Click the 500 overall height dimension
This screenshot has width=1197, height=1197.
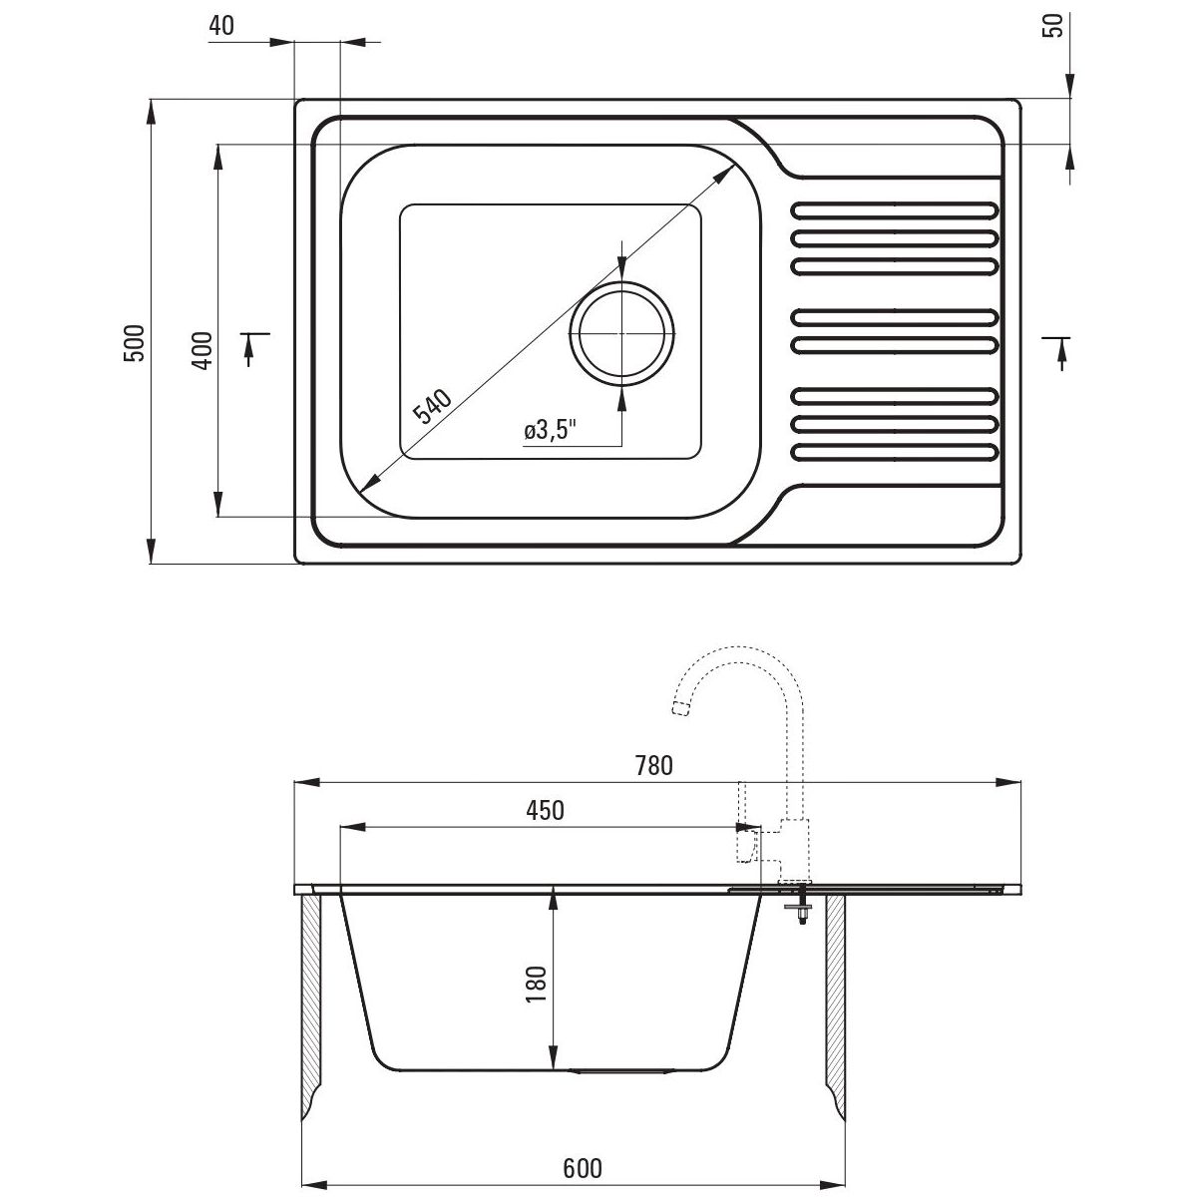pyautogui.click(x=135, y=343)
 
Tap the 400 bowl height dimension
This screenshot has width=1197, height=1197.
pyautogui.click(x=202, y=351)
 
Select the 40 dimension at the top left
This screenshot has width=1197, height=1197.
pyautogui.click(x=221, y=26)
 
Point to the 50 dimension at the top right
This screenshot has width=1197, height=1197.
pyautogui.click(x=1054, y=26)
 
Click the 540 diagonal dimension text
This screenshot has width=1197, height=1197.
pyautogui.click(x=433, y=405)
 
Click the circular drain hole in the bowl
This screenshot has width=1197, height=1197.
pyautogui.click(x=621, y=333)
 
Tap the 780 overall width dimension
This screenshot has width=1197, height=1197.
pyautogui.click(x=654, y=766)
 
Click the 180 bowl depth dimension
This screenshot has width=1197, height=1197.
pyautogui.click(x=536, y=984)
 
